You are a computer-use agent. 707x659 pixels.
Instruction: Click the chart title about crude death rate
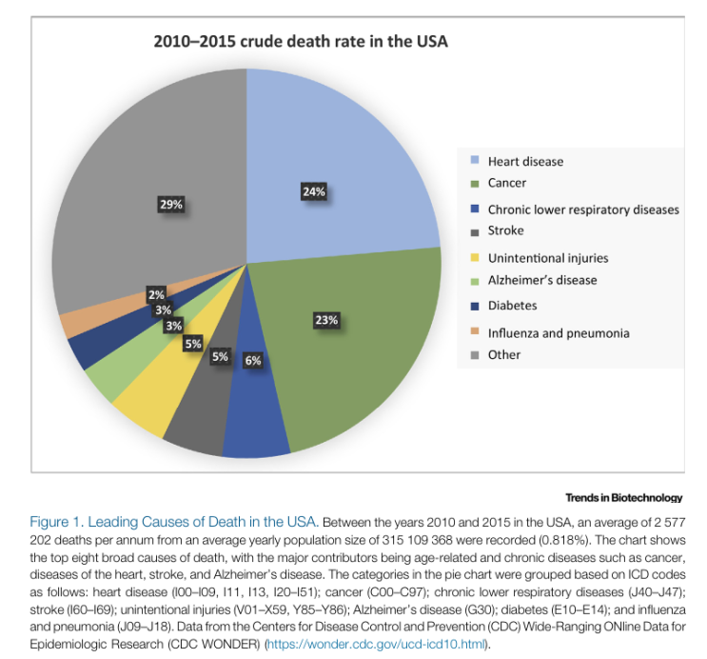[301, 42]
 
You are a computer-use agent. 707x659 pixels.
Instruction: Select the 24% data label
[314, 192]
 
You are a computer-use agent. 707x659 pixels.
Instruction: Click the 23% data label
[326, 320]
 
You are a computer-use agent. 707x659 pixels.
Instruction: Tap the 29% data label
[171, 204]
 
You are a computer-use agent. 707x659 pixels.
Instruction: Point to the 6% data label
[252, 361]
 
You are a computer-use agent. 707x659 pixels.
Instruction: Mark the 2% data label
[156, 295]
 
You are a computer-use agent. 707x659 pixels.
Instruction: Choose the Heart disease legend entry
[525, 161]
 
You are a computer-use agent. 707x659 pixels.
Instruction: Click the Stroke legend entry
[505, 230]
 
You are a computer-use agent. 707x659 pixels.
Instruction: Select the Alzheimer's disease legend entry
[542, 280]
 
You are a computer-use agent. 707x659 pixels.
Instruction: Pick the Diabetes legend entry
[512, 306]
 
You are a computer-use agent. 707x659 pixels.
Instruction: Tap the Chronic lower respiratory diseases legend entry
[583, 209]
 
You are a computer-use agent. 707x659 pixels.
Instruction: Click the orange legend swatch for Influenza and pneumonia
[474, 331]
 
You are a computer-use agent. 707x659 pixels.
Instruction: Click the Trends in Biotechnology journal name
[623, 497]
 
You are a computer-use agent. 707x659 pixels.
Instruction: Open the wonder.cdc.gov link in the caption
[379, 645]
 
